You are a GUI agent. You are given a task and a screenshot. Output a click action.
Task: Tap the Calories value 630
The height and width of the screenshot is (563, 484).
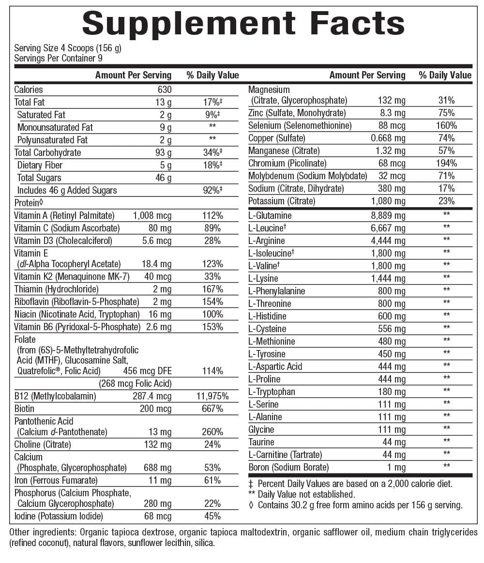165,90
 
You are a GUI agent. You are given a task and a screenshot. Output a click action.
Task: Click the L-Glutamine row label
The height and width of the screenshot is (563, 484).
270,215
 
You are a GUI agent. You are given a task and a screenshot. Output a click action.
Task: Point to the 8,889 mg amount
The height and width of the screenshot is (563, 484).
388,215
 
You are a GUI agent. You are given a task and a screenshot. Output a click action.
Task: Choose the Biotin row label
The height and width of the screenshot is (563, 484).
24,409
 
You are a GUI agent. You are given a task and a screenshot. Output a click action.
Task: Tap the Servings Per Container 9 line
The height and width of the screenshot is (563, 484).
58,58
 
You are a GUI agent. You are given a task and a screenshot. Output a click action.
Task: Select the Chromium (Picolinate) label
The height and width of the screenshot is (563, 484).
287,163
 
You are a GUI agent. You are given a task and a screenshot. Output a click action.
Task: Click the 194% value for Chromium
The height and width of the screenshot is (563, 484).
446,163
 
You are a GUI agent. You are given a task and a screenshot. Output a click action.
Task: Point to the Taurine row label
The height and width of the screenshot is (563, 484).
261,442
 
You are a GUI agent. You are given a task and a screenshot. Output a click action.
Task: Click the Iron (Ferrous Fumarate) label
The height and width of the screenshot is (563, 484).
56,480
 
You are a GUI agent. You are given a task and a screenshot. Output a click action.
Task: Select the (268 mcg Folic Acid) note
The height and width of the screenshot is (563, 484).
135,384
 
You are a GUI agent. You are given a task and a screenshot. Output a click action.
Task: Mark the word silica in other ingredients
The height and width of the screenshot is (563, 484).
204,543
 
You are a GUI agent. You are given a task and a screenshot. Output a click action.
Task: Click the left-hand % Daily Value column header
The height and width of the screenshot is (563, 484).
212,75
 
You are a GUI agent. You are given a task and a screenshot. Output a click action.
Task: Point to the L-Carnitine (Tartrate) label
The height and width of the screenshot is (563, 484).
285,455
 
